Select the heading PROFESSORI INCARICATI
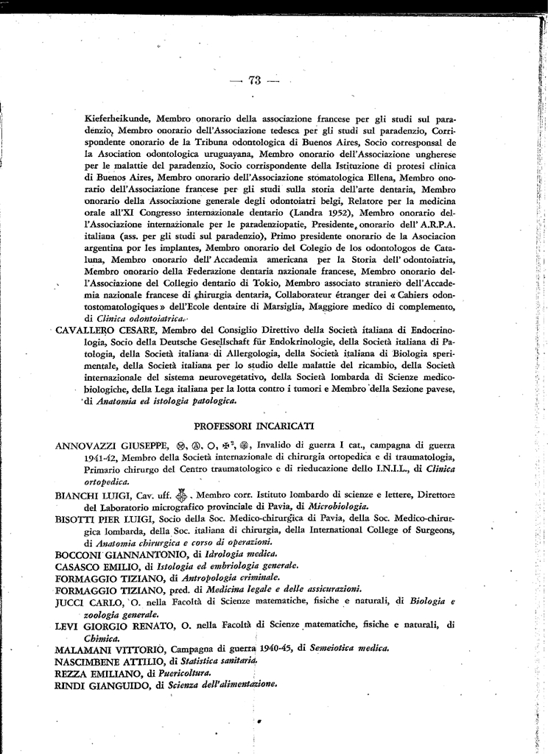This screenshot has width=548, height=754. click(254, 426)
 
